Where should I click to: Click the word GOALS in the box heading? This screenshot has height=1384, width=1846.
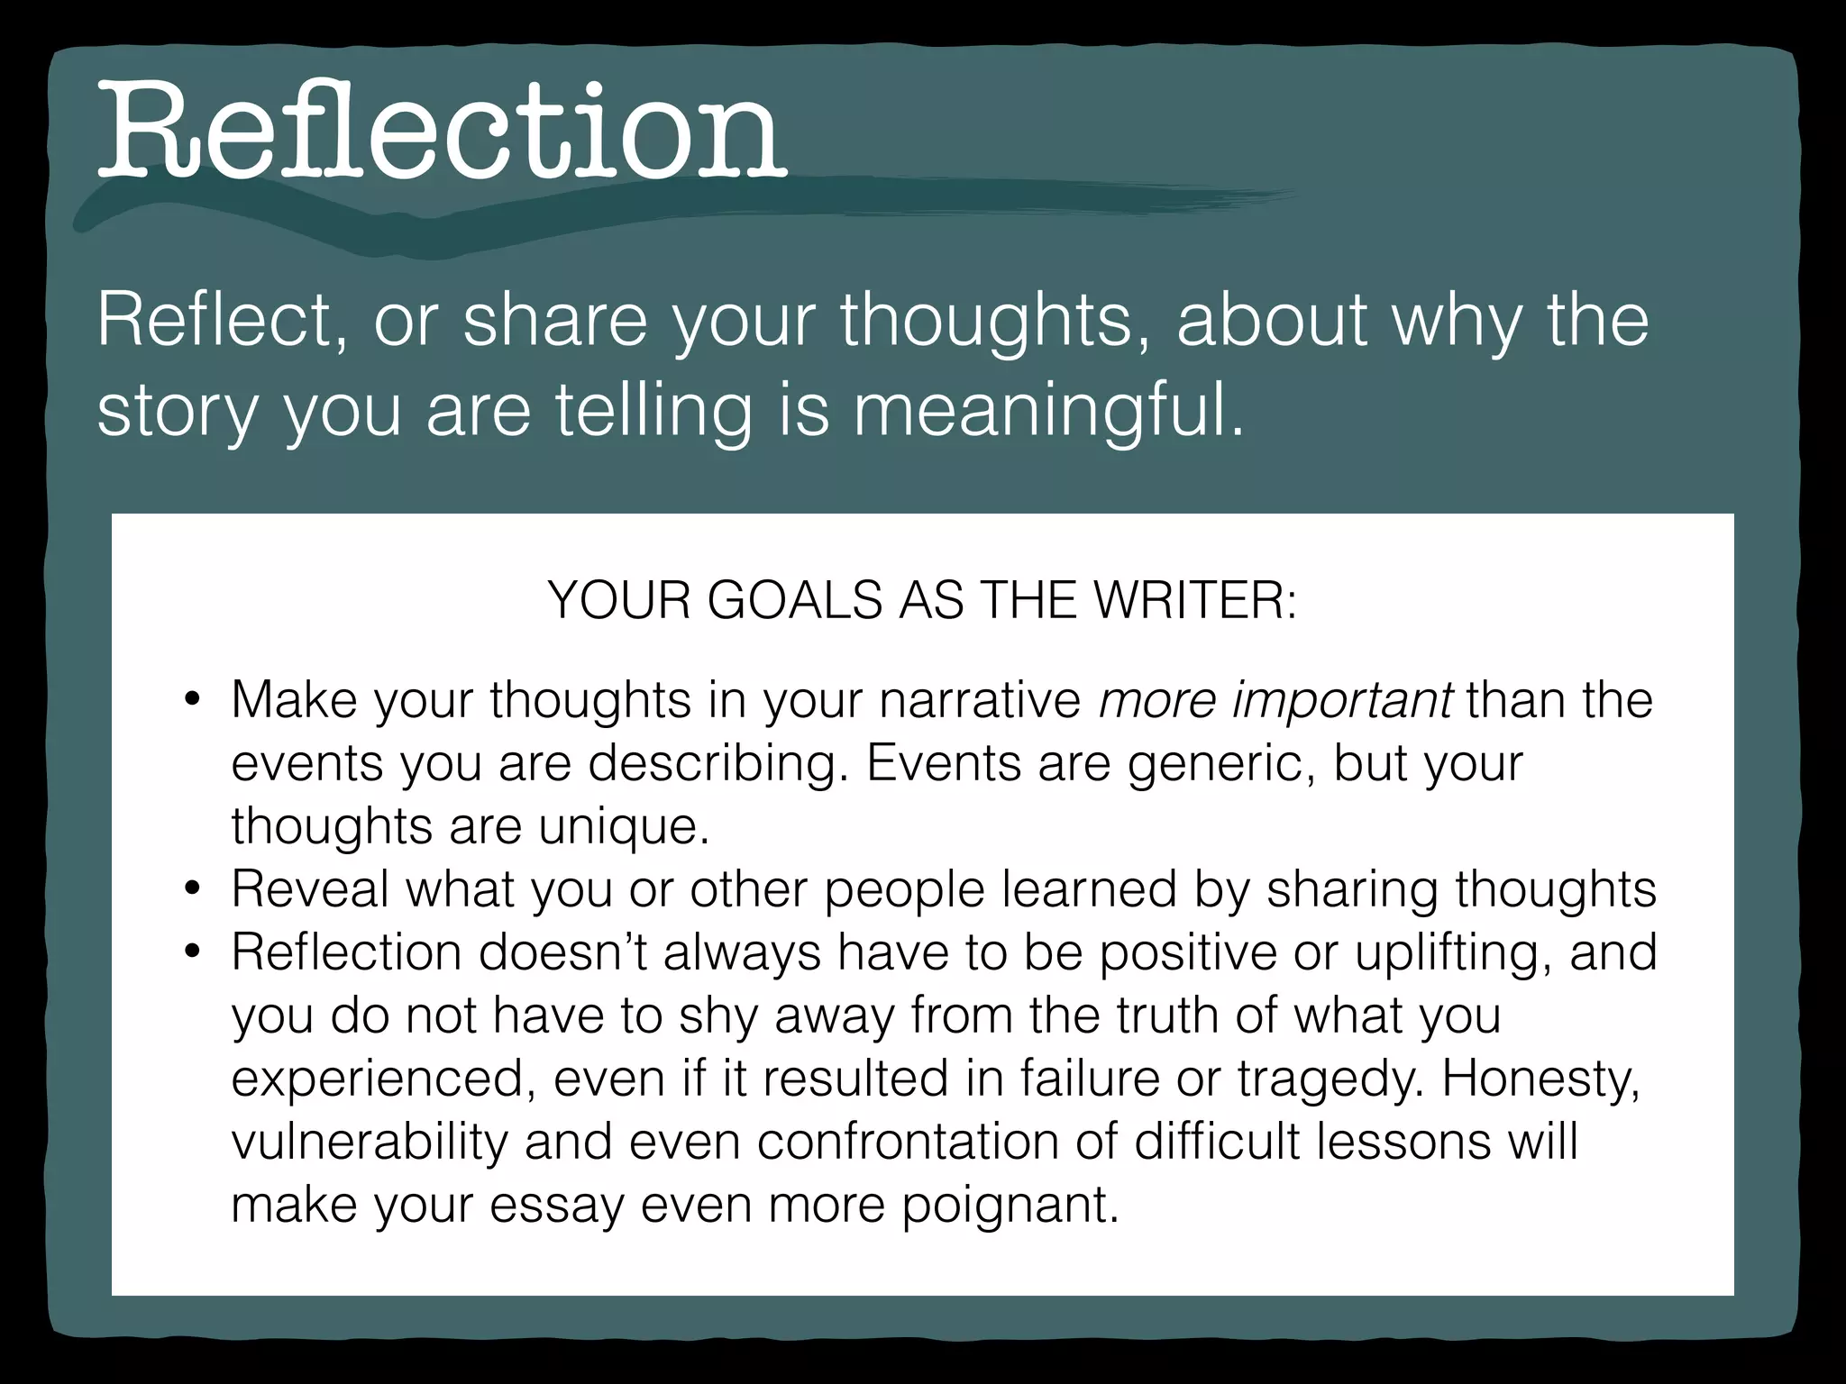[794, 600]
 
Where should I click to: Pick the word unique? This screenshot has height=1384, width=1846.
[623, 825]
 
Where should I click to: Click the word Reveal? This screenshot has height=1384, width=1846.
[310, 888]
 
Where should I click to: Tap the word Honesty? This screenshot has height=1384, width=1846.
[1540, 1078]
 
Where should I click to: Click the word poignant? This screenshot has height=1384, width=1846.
[1010, 1204]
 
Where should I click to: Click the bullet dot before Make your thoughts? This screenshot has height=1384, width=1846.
[190, 700]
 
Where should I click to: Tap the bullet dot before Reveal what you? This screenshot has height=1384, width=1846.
[190, 889]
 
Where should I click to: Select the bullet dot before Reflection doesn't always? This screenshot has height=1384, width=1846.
[190, 952]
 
